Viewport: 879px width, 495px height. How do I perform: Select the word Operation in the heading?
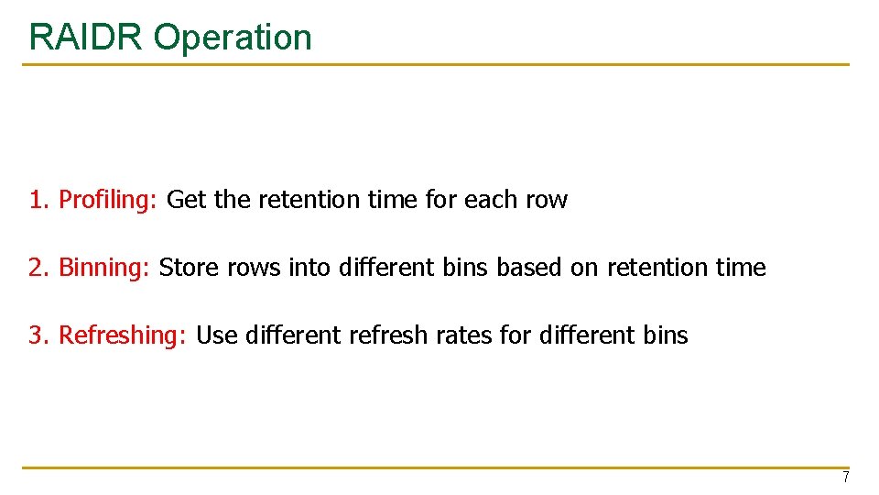coord(233,37)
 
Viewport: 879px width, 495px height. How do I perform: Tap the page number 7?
coord(845,478)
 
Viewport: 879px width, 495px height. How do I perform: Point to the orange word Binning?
coord(105,268)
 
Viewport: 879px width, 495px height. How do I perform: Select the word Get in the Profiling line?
coord(187,200)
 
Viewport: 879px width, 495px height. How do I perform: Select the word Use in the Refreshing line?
coord(217,335)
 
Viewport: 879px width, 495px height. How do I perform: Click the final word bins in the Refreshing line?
coord(666,335)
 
